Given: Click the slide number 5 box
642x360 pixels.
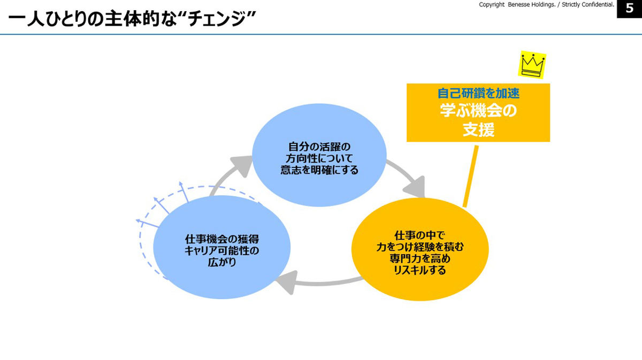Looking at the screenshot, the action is point(629,9).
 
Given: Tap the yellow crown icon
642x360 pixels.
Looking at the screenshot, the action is point(532,65).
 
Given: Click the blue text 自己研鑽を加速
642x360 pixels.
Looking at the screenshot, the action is point(478,94).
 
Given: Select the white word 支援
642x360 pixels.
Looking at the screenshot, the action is point(478,129).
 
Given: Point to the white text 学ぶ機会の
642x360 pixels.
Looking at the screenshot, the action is point(478,111).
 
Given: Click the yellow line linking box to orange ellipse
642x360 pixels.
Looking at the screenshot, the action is point(471,177).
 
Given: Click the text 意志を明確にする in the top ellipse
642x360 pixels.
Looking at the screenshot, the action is point(319,170).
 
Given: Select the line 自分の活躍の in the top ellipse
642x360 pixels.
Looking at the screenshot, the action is point(319,147).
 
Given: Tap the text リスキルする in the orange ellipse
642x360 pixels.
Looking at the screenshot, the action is point(420,270).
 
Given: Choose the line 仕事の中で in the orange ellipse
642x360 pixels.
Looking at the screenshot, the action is point(420,235).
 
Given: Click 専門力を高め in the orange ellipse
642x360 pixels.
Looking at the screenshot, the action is point(420,258).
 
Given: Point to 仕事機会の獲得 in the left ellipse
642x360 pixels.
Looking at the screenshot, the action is point(222,239).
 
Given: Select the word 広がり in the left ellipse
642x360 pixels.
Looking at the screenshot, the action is point(222,262).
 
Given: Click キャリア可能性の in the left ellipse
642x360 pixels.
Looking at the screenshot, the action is point(222,251).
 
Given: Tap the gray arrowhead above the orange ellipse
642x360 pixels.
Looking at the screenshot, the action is point(416,187).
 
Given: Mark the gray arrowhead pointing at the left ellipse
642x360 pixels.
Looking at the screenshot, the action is point(287,282).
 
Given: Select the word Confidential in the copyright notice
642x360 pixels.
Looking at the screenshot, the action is point(598,5).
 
